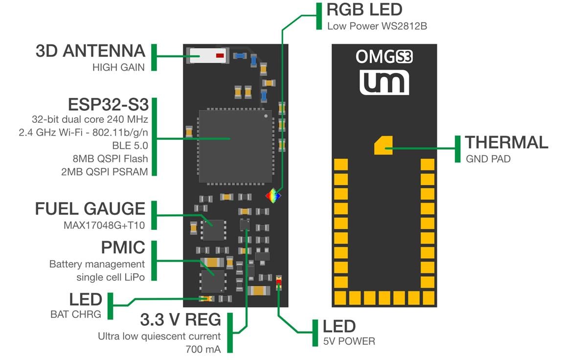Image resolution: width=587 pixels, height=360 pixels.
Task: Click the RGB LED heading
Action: (364, 10)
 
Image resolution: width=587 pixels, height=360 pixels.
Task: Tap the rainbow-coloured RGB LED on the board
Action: (273, 196)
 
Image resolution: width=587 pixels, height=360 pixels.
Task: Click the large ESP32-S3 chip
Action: (235, 147)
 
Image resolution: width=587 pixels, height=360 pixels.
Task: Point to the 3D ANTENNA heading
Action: (90, 51)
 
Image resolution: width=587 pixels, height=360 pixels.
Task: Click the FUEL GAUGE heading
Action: (90, 209)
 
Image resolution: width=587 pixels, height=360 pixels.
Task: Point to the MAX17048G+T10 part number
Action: (105, 225)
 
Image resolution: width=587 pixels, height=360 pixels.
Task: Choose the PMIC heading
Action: (123, 247)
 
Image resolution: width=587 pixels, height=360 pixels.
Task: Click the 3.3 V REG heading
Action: (181, 320)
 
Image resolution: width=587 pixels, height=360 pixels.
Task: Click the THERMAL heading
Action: (506, 142)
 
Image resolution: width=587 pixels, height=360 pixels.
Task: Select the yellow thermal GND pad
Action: (383, 146)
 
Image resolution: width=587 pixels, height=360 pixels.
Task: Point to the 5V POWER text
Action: (349, 341)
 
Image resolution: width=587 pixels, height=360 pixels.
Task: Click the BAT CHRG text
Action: (76, 314)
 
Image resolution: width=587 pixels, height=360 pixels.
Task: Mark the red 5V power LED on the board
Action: (279, 281)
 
